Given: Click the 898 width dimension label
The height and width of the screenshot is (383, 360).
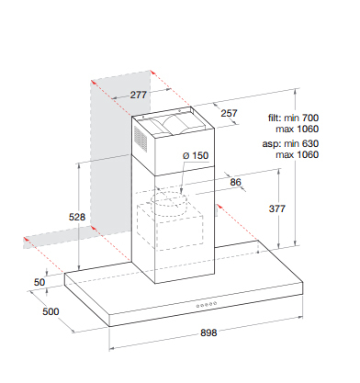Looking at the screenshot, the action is click(x=208, y=332).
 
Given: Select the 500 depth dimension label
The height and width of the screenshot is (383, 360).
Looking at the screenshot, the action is click(x=51, y=311).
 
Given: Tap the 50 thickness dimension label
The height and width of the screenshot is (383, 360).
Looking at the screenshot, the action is click(x=39, y=282).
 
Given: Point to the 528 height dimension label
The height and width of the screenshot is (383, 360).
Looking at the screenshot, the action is click(x=77, y=217).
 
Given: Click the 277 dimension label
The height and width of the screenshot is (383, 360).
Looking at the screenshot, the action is click(x=139, y=95).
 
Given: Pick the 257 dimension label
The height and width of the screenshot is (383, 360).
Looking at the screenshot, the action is click(x=229, y=113).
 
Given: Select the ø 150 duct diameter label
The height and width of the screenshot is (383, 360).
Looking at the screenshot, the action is click(x=196, y=155).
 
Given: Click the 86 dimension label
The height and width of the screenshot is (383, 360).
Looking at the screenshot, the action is click(x=236, y=182).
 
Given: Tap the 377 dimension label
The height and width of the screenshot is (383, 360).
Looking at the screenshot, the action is click(x=277, y=208).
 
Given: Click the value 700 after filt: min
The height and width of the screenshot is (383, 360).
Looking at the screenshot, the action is click(x=310, y=118).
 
